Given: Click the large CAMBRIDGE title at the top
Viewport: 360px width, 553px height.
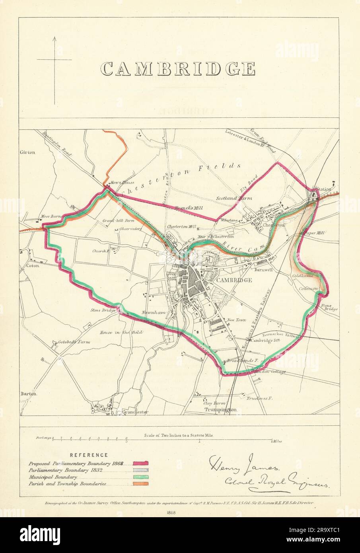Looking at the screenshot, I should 177,68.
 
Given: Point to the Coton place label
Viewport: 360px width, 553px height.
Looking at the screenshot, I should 33,266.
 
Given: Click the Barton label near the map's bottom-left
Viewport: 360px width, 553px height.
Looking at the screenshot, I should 28,394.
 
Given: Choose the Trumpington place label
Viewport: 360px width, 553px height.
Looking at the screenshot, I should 220,409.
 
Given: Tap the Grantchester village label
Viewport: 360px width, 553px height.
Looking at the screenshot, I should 135,412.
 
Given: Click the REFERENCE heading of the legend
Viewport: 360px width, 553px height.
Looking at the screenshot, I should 88,455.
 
